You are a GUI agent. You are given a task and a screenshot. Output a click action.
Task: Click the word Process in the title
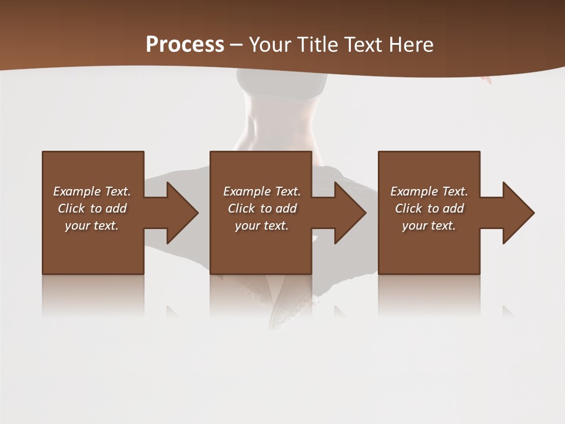pos(185,45)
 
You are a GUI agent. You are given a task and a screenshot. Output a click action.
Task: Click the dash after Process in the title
pos(237,45)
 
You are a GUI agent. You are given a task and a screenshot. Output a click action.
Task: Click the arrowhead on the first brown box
pos(180,213)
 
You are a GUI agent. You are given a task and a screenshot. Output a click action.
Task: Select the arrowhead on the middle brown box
pos(347,213)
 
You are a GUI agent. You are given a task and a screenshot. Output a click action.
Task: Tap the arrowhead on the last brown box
pos(516,213)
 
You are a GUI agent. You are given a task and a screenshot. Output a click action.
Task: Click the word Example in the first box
pos(77,191)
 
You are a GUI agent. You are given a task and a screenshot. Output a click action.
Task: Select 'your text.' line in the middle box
pos(261,226)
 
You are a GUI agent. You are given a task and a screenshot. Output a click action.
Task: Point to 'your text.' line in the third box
pos(428,226)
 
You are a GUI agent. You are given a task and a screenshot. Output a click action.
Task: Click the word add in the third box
pos(453,208)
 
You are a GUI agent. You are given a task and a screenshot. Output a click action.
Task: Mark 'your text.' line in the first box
pos(91,226)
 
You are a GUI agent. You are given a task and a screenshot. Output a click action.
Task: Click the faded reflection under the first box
pos(93,294)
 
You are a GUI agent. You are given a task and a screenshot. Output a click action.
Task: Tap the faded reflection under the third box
pos(428,294)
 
